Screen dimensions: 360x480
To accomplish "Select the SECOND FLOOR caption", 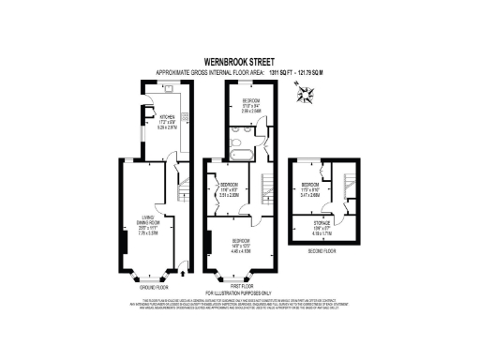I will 322,251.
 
